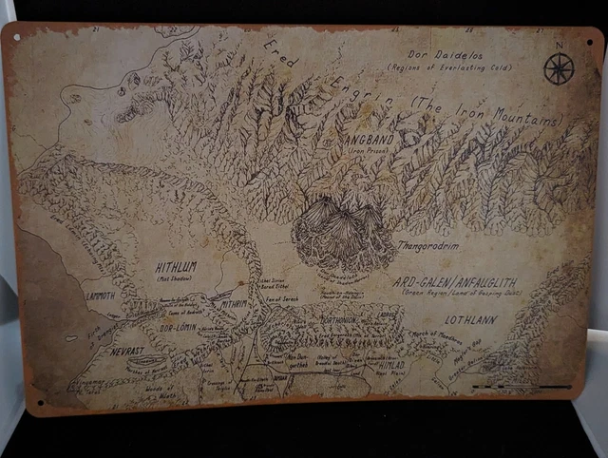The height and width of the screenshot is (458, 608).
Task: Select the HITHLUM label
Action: click(176, 268)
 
